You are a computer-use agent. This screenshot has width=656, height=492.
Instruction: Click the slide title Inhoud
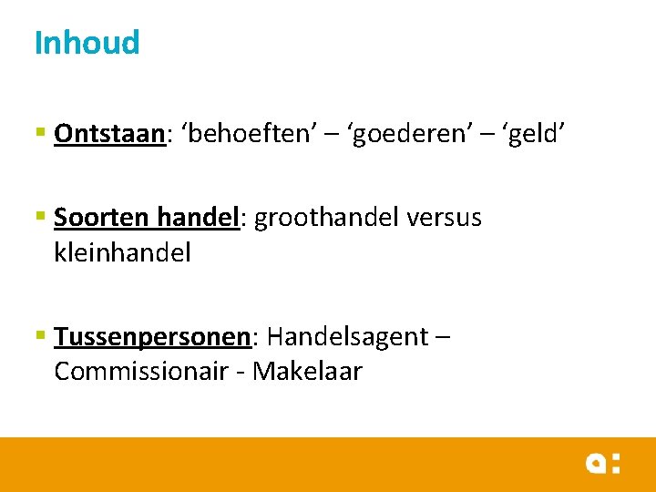pos(87,43)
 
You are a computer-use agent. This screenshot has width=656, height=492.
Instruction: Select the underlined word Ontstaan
pos(108,134)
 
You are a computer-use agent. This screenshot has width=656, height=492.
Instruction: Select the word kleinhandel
pos(123,252)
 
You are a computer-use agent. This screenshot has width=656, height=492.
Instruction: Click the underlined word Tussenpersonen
pos(151,337)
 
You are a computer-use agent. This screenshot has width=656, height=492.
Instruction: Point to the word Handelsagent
pos(347,337)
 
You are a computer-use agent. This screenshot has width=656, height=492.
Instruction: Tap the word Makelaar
pos(308,372)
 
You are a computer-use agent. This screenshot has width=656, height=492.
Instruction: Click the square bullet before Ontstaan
pos(40,134)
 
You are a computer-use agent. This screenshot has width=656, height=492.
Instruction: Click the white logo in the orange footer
pos(602,463)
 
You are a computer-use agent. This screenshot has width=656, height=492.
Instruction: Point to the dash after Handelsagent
pos(443,338)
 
